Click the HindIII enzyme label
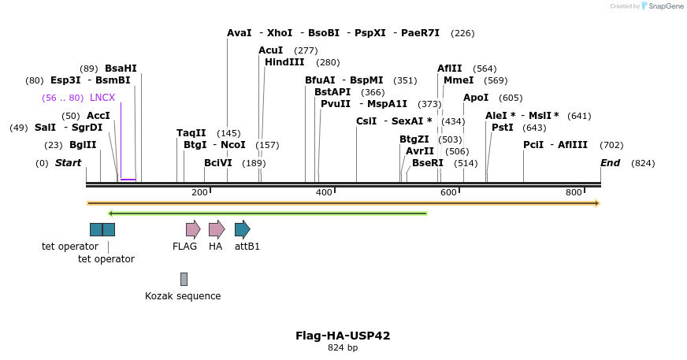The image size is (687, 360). [284, 62]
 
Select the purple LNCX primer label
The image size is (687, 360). [102, 98]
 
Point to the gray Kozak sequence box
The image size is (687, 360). [184, 279]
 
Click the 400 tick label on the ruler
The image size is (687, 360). [324, 193]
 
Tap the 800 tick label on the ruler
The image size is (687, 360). [574, 193]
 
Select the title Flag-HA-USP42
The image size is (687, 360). [343, 336]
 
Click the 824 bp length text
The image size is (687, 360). [343, 347]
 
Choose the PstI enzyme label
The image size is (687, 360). [502, 128]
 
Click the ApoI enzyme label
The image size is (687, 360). [476, 98]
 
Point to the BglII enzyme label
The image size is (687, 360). [83, 145]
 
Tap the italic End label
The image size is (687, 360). [610, 163]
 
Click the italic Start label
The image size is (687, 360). [68, 163]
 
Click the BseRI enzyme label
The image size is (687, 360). [428, 163]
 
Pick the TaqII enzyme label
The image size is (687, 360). [191, 133]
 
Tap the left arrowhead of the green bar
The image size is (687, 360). [111, 213]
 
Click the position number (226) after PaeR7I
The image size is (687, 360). [462, 33]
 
